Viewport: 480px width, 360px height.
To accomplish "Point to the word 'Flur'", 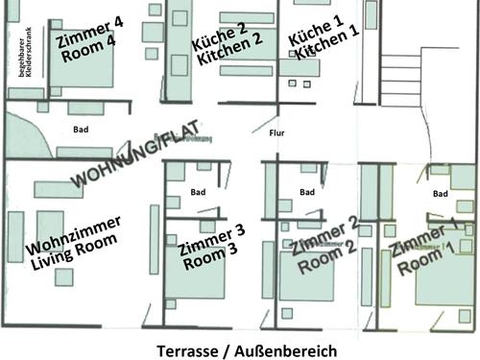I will (277, 133).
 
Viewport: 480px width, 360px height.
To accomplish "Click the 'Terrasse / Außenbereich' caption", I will (247, 350).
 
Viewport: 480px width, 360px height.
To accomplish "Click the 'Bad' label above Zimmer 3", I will (198, 191).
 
